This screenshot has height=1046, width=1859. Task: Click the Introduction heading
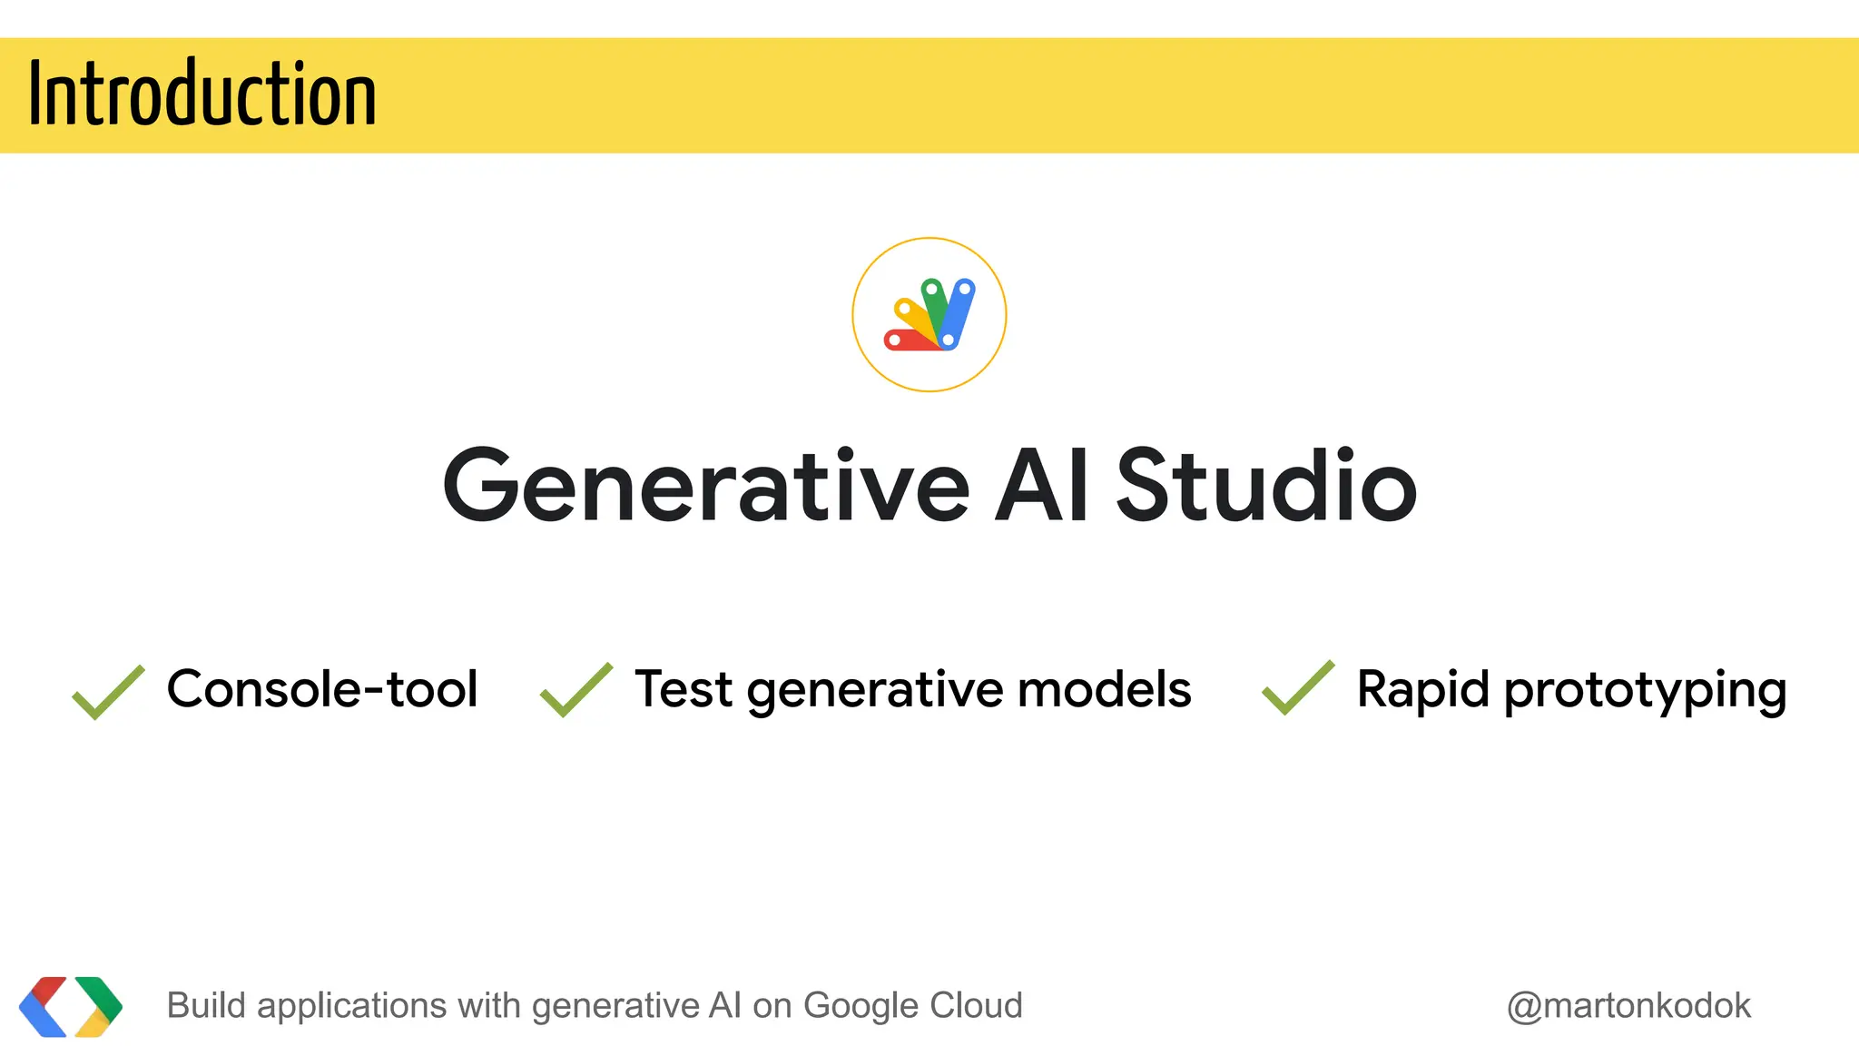(202, 94)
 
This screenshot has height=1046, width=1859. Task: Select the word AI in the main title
(1041, 487)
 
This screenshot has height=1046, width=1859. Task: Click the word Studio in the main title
(1265, 487)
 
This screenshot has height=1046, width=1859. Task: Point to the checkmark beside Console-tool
(108, 692)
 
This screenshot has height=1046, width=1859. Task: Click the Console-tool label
(322, 688)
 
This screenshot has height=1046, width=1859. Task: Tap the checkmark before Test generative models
(575, 690)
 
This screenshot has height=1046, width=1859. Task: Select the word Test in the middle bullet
(683, 688)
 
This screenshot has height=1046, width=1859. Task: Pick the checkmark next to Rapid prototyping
(1298, 688)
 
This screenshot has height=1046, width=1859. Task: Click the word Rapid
(1422, 688)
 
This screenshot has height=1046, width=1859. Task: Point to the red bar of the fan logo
(908, 340)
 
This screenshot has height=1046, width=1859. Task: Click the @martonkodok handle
(1628, 1006)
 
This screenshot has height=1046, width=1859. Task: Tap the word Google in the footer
(860, 1006)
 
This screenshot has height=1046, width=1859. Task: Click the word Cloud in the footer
(976, 1006)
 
